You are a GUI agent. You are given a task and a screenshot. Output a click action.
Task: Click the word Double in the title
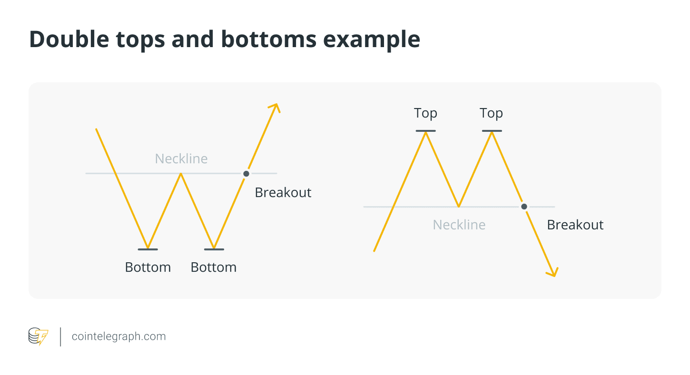pyautogui.click(x=69, y=39)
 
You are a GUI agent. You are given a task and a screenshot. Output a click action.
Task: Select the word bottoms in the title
pyautogui.click(x=268, y=39)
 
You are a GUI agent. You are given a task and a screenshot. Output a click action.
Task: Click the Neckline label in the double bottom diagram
pyautogui.click(x=181, y=158)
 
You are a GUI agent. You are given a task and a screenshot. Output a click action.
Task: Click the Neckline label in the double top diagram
pyautogui.click(x=459, y=225)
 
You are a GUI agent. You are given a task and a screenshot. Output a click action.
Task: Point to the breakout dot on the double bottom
pyautogui.click(x=246, y=174)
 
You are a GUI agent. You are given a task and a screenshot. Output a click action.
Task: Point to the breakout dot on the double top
pyautogui.click(x=524, y=207)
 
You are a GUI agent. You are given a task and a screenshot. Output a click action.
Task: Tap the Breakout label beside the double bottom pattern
pyautogui.click(x=283, y=193)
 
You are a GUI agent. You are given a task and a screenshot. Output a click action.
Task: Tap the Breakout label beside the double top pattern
pyautogui.click(x=575, y=225)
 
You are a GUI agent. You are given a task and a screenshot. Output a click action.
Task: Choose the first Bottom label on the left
pyautogui.click(x=148, y=267)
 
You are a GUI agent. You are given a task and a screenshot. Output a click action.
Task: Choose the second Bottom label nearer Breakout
pyautogui.click(x=214, y=267)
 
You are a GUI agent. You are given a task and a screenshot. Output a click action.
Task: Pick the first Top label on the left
pyautogui.click(x=425, y=113)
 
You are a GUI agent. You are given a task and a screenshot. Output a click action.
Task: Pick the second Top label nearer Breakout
pyautogui.click(x=491, y=113)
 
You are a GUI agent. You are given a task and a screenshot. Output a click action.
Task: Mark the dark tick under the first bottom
pyautogui.click(x=148, y=249)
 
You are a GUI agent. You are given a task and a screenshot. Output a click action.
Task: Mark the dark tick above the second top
pyautogui.click(x=492, y=131)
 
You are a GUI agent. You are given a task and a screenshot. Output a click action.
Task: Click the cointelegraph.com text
pyautogui.click(x=118, y=336)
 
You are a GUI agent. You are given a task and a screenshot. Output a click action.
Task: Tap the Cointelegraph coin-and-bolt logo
pyautogui.click(x=39, y=336)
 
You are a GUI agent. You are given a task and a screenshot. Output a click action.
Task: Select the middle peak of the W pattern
pyautogui.click(x=181, y=174)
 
